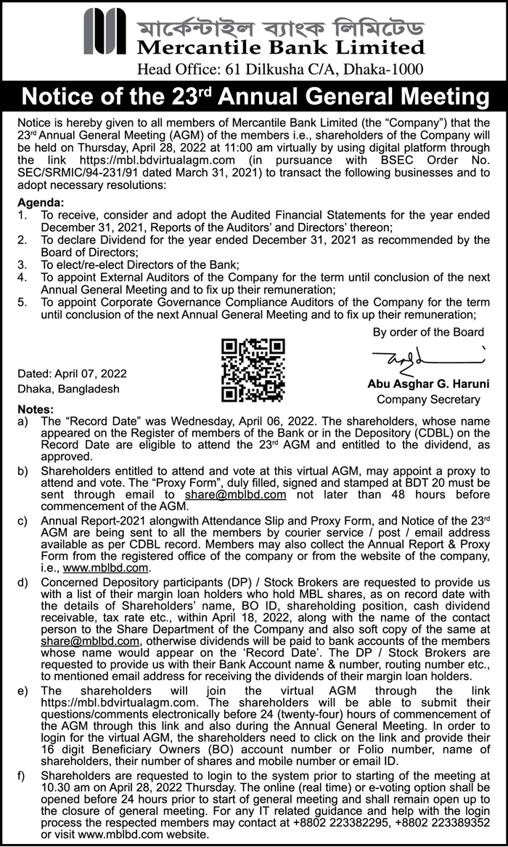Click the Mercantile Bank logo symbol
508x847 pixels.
[x=105, y=31]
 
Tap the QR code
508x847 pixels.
[x=253, y=370]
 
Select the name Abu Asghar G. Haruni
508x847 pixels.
[x=427, y=383]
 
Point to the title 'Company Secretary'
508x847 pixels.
[x=428, y=399]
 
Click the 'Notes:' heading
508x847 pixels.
[x=36, y=409]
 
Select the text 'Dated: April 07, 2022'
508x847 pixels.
[x=73, y=373]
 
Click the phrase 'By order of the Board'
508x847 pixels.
[x=428, y=332]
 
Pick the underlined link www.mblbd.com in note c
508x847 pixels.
[x=106, y=568]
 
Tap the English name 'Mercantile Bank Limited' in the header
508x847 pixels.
[x=279, y=48]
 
